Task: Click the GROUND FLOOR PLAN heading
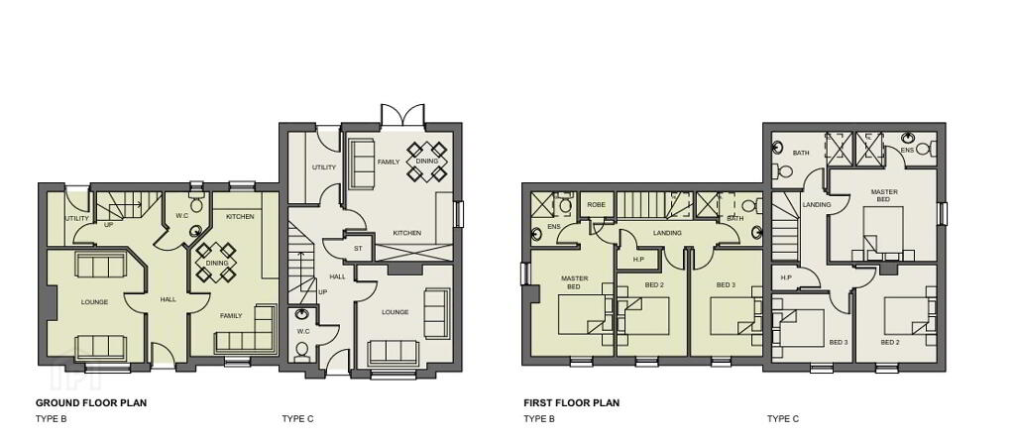click(x=91, y=402)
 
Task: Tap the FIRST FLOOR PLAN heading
click(x=572, y=402)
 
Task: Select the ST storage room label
click(x=357, y=248)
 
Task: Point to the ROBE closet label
click(x=596, y=204)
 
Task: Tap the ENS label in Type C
click(x=907, y=150)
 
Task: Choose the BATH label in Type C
click(x=801, y=153)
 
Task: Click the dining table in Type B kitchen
click(x=216, y=263)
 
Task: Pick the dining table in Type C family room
click(x=427, y=161)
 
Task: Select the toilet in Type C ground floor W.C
click(x=301, y=352)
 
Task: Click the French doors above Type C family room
click(x=402, y=115)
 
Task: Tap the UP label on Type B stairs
click(x=109, y=225)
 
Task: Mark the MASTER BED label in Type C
click(x=883, y=195)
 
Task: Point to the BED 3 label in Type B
click(x=727, y=285)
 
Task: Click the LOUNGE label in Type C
click(x=395, y=312)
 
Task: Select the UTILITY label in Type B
click(x=76, y=218)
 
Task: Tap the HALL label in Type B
click(x=169, y=299)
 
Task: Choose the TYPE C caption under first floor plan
click(x=783, y=419)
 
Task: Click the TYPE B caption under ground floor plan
click(x=52, y=419)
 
